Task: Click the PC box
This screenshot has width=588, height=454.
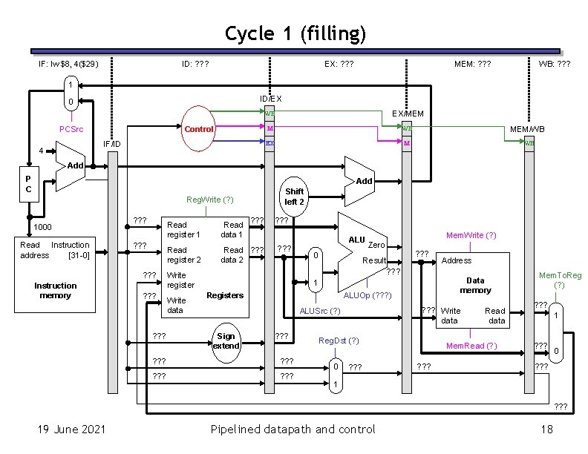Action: [28, 182]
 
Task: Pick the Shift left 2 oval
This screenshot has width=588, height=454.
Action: [295, 197]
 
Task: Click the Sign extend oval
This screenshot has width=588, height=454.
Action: [226, 340]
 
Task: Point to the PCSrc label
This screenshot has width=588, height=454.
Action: [71, 129]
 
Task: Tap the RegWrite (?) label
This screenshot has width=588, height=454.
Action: [210, 200]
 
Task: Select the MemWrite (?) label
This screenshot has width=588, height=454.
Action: [471, 235]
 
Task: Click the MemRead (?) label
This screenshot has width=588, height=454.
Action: [471, 346]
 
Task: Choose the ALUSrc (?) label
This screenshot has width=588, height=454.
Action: [319, 310]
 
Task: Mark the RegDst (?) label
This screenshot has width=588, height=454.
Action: [339, 340]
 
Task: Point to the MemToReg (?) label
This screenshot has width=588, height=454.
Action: [560, 280]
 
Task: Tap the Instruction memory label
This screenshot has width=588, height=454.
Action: [55, 290]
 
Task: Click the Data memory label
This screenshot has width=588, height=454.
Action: [475, 285]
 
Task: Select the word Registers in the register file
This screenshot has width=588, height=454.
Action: [225, 295]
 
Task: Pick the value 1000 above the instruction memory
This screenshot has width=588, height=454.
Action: [42, 227]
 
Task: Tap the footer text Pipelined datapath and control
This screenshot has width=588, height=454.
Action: [293, 429]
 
